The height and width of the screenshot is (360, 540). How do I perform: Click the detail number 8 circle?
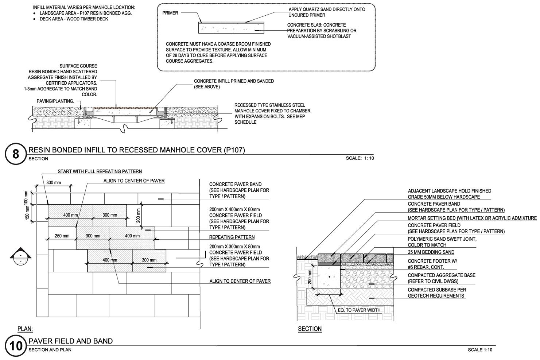pyautogui.click(x=16, y=154)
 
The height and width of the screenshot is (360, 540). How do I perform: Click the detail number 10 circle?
pyautogui.click(x=16, y=345)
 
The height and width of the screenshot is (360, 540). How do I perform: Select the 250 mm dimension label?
pyautogui.click(x=62, y=236)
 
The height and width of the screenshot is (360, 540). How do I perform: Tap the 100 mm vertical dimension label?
pyautogui.click(x=26, y=197)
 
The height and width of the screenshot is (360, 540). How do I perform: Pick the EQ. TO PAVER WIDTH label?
pyautogui.click(x=359, y=310)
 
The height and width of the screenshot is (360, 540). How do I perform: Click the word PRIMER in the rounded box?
pyautogui.click(x=170, y=13)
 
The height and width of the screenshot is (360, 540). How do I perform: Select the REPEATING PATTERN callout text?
pyautogui.click(x=232, y=237)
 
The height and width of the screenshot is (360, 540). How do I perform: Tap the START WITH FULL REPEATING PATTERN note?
pyautogui.click(x=100, y=171)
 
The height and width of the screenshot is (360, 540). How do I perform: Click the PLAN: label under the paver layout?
pyautogui.click(x=25, y=329)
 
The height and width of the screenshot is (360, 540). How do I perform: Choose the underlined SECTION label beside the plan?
pyautogui.click(x=310, y=329)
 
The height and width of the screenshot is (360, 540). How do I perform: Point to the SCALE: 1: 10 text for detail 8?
pyautogui.click(x=360, y=158)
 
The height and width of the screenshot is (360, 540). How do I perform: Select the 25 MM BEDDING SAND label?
pyautogui.click(x=431, y=252)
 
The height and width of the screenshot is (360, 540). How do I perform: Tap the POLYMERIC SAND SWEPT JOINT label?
pyautogui.click(x=442, y=239)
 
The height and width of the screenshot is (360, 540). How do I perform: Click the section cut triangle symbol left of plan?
pyautogui.click(x=20, y=256)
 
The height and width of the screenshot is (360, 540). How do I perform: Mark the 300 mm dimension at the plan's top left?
pyautogui.click(x=54, y=182)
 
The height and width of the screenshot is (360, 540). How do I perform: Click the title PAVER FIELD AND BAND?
pyautogui.click(x=70, y=341)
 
